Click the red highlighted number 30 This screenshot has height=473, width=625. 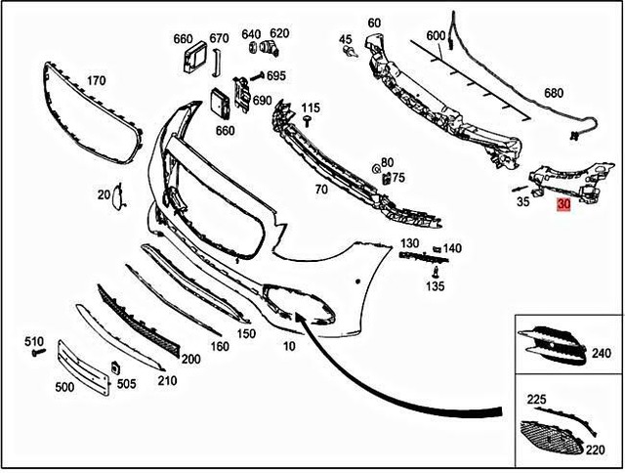563,205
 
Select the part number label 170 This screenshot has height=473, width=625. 97,80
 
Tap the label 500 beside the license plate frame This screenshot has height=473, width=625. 64,388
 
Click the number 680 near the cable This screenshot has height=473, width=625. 554,93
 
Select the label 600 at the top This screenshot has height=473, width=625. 436,36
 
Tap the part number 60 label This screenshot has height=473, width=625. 374,22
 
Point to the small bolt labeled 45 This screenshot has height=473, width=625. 347,54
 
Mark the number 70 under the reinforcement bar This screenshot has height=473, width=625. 321,190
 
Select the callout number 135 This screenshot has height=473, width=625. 435,286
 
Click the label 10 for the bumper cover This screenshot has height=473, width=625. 289,346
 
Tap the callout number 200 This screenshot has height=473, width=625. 190,359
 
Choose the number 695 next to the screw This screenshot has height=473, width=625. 275,76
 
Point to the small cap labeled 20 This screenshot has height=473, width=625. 116,198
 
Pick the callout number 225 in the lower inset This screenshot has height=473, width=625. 537,400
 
